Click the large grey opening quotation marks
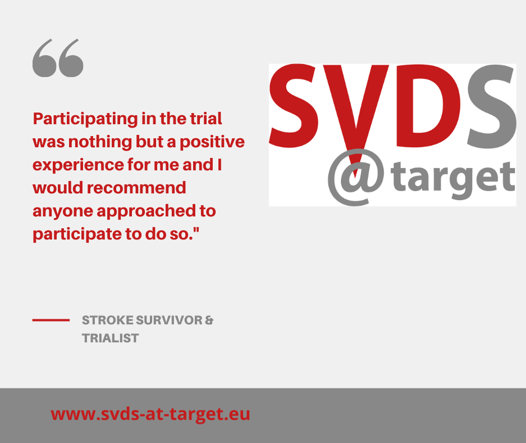pyautogui.click(x=58, y=58)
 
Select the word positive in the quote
pyautogui.click(x=212, y=142)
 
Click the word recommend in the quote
pyautogui.click(x=136, y=188)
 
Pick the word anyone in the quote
pyautogui.click(x=63, y=211)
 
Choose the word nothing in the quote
pyautogui.click(x=100, y=142)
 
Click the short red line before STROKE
pyautogui.click(x=51, y=320)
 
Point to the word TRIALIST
pyautogui.click(x=111, y=338)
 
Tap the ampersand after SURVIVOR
pyautogui.click(x=209, y=320)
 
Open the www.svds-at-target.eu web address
pyautogui.click(x=150, y=414)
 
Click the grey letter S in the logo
pyautogui.click(x=491, y=106)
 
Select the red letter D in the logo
pyautogui.click(x=428, y=106)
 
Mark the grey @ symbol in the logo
pyautogui.click(x=355, y=177)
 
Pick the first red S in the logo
pyautogui.click(x=294, y=106)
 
